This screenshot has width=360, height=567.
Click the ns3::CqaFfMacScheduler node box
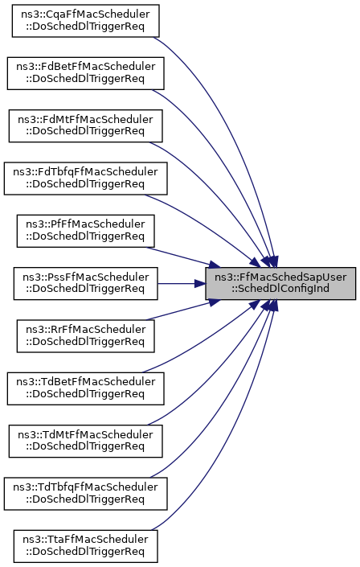pos(86,21)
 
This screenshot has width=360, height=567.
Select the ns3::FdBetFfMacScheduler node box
pos(86,73)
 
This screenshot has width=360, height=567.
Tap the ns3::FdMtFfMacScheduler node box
pos(86,125)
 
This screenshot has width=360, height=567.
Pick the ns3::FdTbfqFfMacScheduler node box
pos(86,179)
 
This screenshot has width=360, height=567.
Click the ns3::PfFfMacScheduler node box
pos(86,231)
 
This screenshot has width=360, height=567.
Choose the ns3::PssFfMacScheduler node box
pos(86,283)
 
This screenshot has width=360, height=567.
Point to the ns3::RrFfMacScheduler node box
pos(86,336)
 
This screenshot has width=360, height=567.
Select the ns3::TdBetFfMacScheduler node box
pos(86,388)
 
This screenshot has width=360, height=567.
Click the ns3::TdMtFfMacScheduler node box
pos(86,442)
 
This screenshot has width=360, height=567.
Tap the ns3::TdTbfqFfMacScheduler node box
pos(86,494)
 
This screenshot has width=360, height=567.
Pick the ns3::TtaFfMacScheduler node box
pos(86,546)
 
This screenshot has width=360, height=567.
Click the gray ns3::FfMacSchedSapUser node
pos(280,283)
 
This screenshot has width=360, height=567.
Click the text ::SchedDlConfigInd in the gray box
pos(280,289)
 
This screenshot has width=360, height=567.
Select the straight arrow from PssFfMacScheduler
pos(182,283)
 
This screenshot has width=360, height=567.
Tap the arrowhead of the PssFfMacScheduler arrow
pos(200,283)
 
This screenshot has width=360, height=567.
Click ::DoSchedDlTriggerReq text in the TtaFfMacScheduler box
pos(85,552)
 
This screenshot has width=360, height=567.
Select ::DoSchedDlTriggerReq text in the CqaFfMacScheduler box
pos(85,27)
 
